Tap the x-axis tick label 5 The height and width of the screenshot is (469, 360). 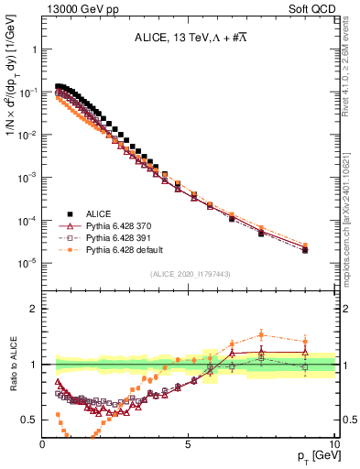click(189, 442)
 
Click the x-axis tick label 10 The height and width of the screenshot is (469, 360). click(333, 442)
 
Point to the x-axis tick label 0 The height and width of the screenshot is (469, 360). click(43, 442)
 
